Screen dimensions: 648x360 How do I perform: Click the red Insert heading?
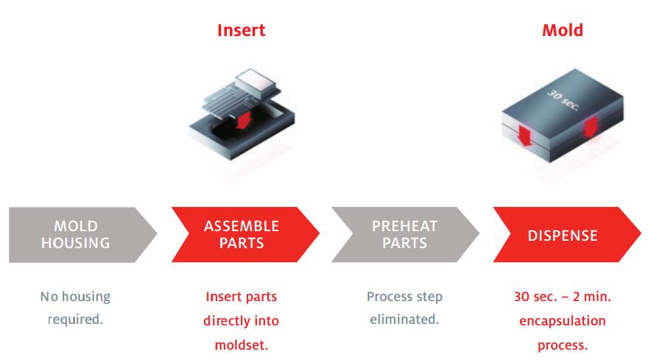tap(241, 30)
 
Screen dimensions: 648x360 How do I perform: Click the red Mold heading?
tap(563, 30)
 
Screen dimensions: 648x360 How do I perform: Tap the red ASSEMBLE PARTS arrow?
tap(245, 234)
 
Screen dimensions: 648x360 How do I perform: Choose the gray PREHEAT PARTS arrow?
tap(405, 234)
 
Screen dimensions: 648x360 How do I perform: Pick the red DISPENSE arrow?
tap(567, 234)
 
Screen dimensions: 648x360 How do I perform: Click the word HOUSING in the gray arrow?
tap(76, 243)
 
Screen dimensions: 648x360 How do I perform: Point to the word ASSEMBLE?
tap(242, 226)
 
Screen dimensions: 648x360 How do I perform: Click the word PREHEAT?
tap(404, 226)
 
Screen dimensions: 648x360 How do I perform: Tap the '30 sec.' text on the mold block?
tap(563, 100)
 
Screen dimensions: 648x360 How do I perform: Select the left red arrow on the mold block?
tap(525, 136)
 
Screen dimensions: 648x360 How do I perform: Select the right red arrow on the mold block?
tap(591, 127)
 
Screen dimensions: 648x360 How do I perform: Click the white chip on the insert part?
tap(256, 82)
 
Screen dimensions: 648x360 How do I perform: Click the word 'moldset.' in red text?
tap(242, 345)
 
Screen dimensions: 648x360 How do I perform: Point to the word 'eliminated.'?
tap(404, 319)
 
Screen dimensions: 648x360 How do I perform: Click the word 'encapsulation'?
tap(563, 321)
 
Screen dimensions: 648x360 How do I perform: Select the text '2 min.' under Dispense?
tap(592, 297)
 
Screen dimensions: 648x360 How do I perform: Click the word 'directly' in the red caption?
tap(225, 321)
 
